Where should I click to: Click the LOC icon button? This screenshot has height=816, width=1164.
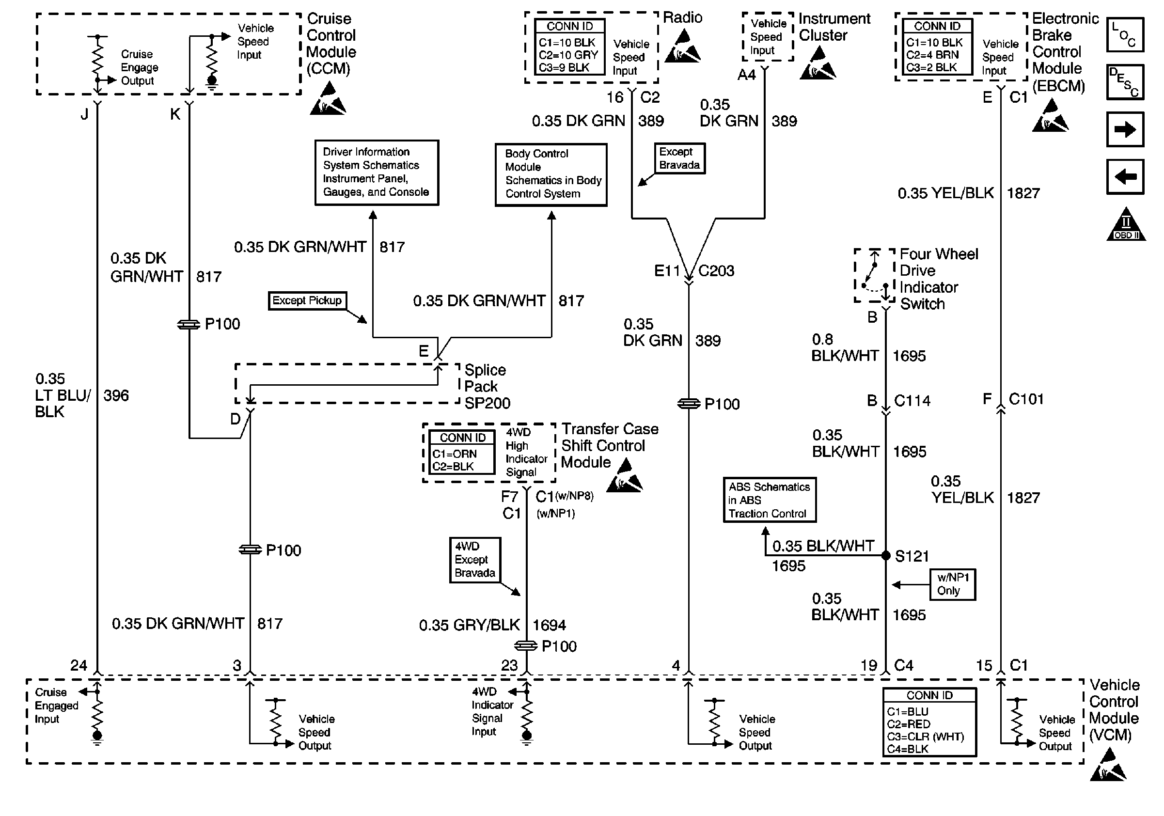pyautogui.click(x=1124, y=35)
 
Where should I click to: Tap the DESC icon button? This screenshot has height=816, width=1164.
pyautogui.click(x=1124, y=82)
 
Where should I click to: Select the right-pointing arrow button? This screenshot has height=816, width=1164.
pyautogui.click(x=1124, y=130)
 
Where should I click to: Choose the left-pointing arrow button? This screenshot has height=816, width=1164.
pyautogui.click(x=1124, y=177)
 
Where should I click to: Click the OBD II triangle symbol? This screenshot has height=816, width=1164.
pyautogui.click(x=1125, y=225)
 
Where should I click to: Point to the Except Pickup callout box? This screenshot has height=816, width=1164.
pyautogui.click(x=307, y=300)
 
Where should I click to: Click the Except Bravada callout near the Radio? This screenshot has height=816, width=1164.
pyautogui.click(x=679, y=158)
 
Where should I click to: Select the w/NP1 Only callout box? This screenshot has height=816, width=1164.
pyautogui.click(x=953, y=584)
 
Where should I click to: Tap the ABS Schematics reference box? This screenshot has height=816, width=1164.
pyautogui.click(x=769, y=500)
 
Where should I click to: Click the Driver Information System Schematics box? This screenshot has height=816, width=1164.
pyautogui.click(x=377, y=173)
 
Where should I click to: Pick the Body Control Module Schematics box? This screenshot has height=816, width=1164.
pyautogui.click(x=551, y=174)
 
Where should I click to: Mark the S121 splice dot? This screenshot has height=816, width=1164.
pyautogui.click(x=886, y=556)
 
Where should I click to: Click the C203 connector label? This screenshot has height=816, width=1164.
pyautogui.click(x=716, y=271)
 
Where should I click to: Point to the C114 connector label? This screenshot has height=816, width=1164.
pyautogui.click(x=912, y=401)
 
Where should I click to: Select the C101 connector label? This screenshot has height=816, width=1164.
pyautogui.click(x=1026, y=399)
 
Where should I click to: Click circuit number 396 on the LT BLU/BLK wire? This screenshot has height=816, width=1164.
pyautogui.click(x=116, y=395)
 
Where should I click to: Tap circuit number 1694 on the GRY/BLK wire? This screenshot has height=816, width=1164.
pyautogui.click(x=549, y=626)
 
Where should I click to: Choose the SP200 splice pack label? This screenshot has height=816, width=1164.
pyautogui.click(x=487, y=404)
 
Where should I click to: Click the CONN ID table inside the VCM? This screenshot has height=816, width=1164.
pyautogui.click(x=929, y=722)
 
